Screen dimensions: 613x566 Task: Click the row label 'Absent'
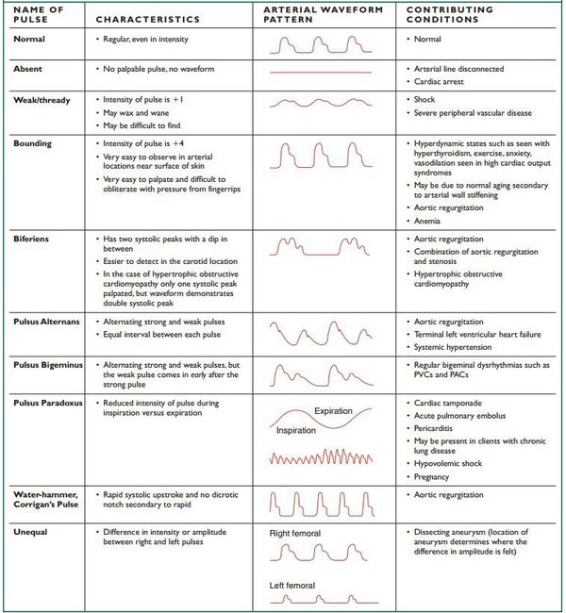coord(27,69)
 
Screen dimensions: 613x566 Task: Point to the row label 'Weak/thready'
coord(42,99)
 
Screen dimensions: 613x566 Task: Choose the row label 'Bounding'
coord(33,142)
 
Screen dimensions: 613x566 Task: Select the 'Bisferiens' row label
coord(34,240)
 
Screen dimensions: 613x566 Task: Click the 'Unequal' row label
coord(29,532)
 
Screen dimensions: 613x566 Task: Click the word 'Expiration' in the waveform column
coord(334,412)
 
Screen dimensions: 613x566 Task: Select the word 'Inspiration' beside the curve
coord(296,431)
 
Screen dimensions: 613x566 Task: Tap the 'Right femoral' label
coord(294,534)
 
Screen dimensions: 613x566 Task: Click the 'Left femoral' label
coord(291,586)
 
